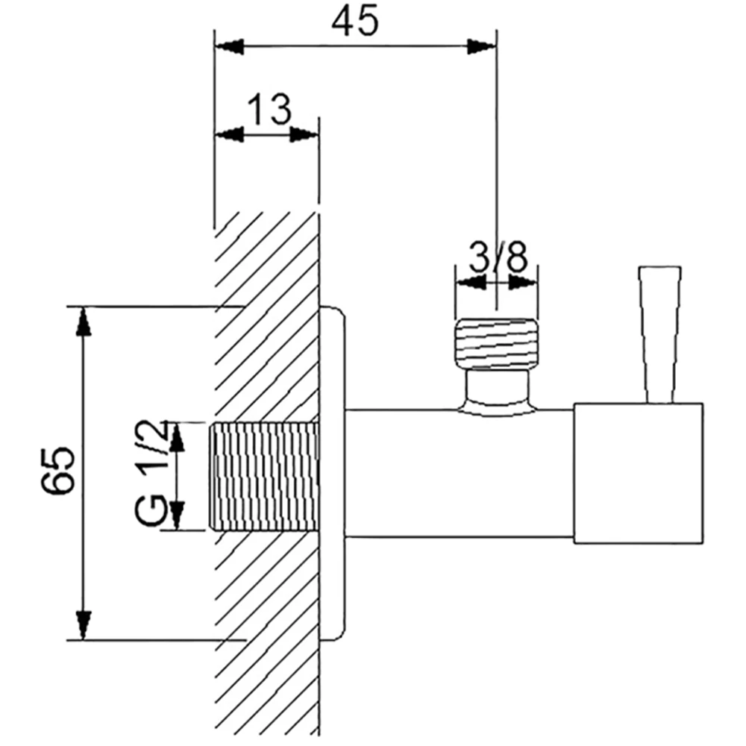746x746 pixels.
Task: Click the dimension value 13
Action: [x=269, y=109]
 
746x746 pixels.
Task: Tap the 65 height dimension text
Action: [x=58, y=469]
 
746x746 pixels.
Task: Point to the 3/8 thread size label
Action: [x=498, y=257]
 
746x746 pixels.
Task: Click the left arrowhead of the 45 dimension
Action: [x=229, y=46]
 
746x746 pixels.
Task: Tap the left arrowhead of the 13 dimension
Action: [x=229, y=134]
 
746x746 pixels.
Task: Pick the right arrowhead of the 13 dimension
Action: [x=304, y=134]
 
